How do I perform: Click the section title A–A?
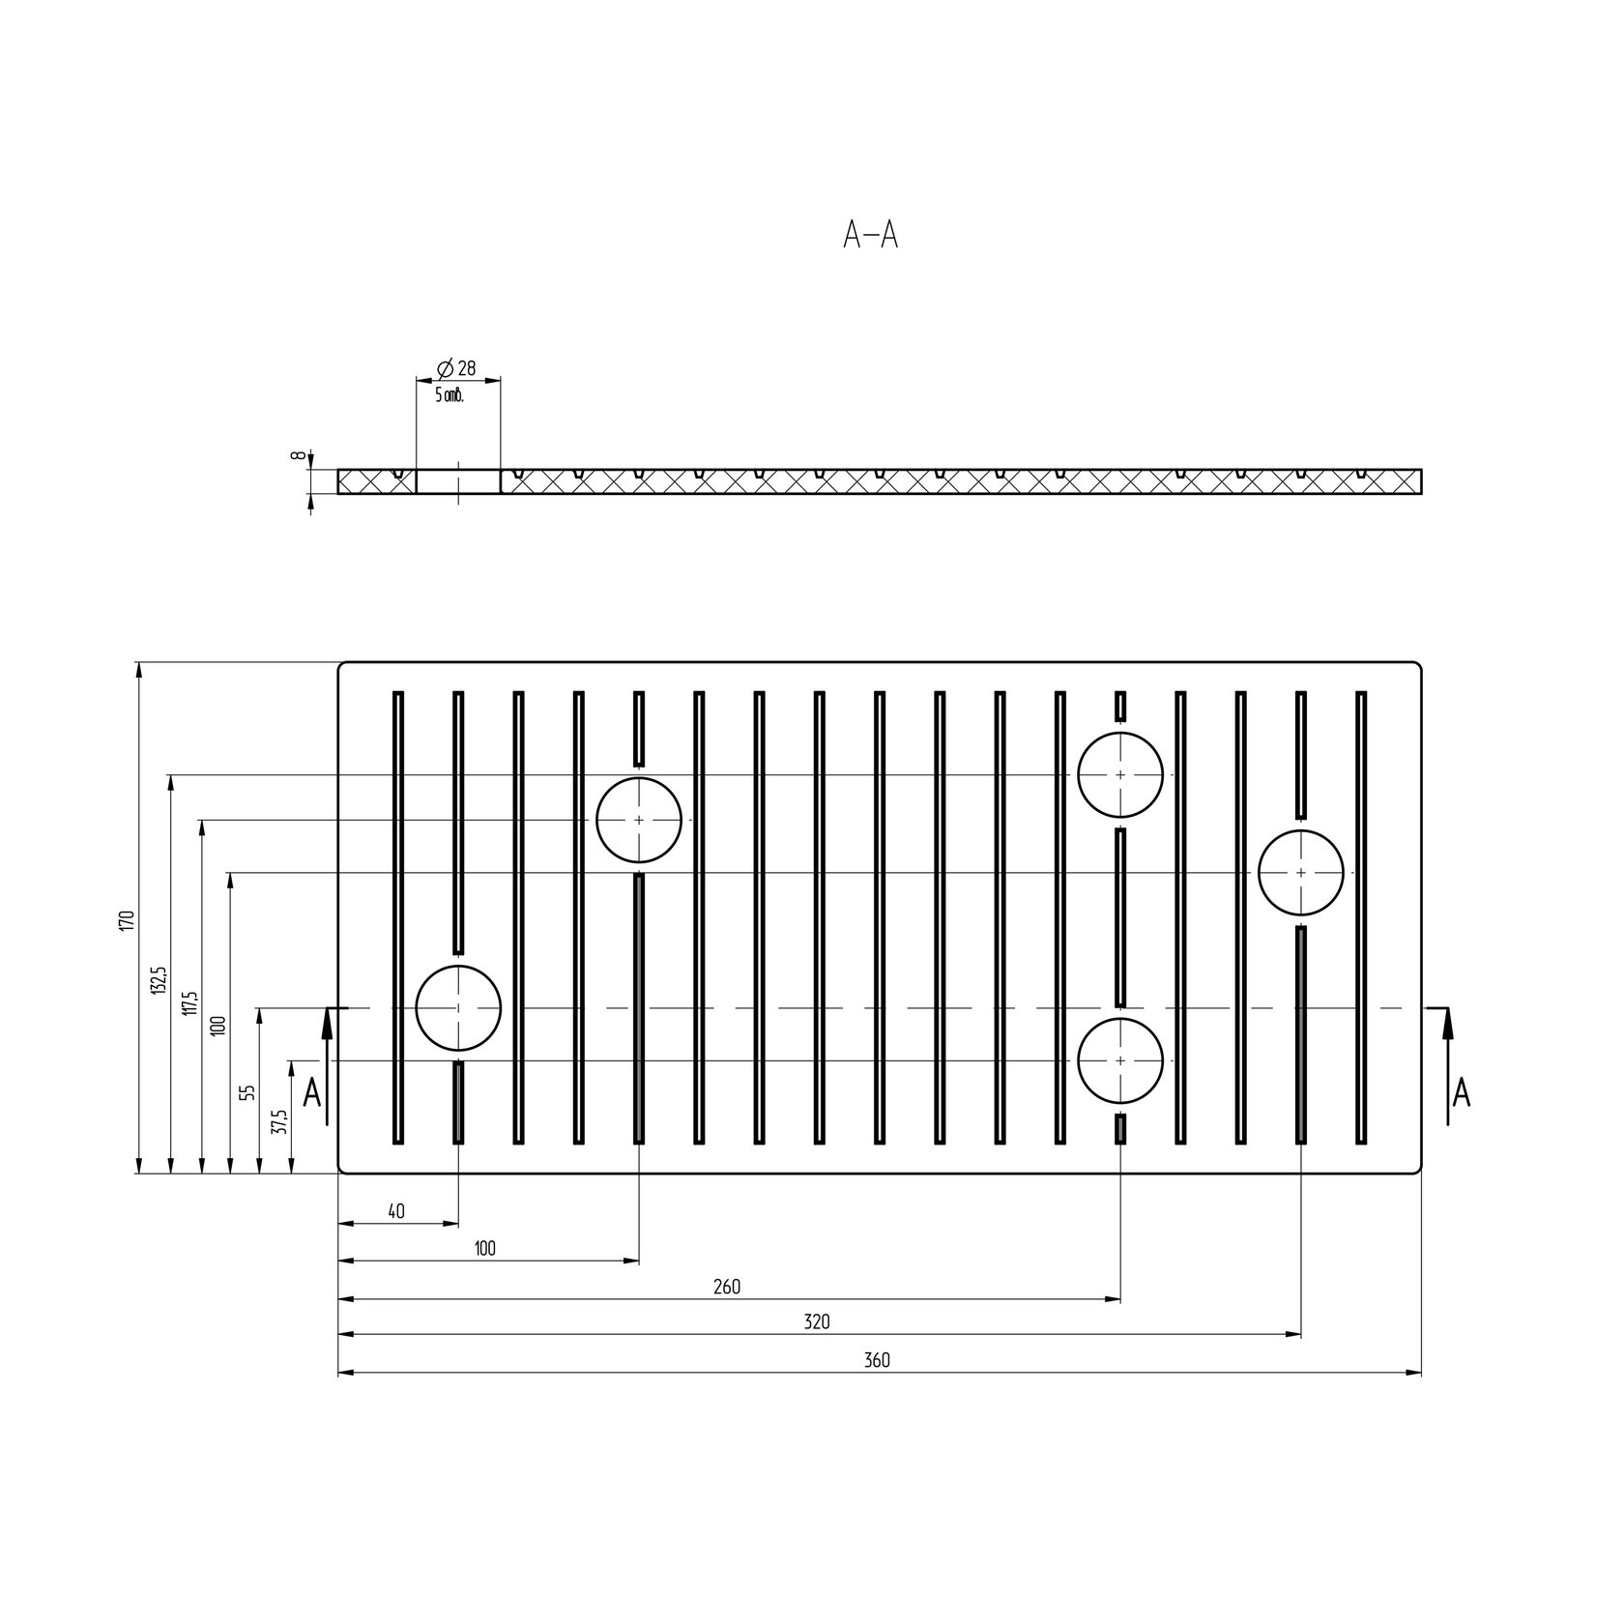click(870, 235)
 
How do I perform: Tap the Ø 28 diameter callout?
click(456, 368)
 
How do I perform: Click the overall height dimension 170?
click(125, 919)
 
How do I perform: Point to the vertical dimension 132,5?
click(159, 979)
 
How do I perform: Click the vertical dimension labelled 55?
click(247, 1091)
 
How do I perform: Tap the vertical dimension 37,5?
click(280, 1120)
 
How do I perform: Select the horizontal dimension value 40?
click(395, 1211)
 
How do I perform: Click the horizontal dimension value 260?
click(727, 1287)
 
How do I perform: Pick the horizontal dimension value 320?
click(817, 1321)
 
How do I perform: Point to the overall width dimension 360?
click(877, 1360)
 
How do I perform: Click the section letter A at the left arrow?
click(311, 1093)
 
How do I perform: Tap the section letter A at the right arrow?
click(1462, 1093)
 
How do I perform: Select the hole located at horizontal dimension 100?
click(639, 778)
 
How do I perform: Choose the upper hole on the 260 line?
click(1120, 734)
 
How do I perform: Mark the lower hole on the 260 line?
click(1120, 1019)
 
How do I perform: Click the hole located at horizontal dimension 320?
click(1301, 831)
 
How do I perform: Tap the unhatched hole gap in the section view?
click(458, 481)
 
